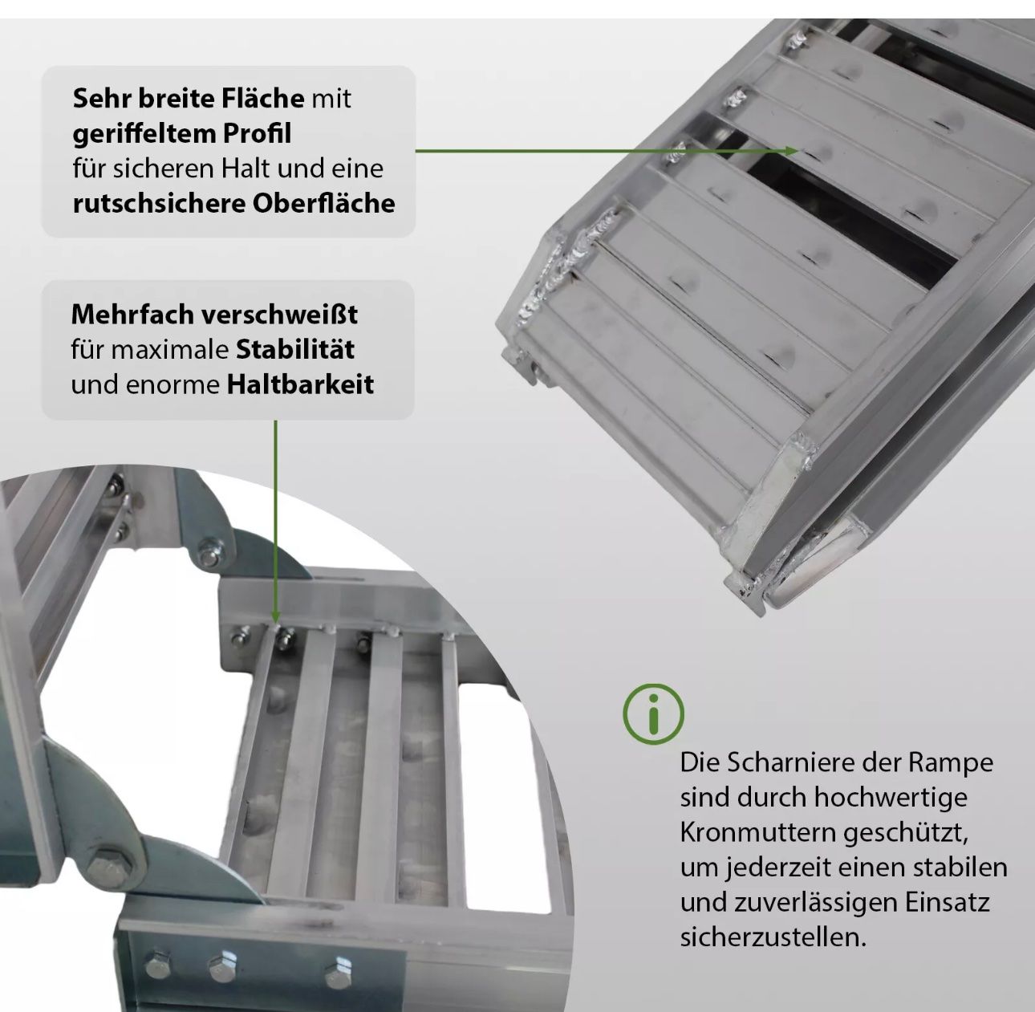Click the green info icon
click(x=653, y=713)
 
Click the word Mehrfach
click(x=132, y=315)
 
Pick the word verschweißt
click(x=279, y=315)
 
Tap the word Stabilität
click(x=295, y=350)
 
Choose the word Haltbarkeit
click(x=301, y=384)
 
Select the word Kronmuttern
click(x=758, y=833)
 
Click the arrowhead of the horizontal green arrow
click(x=792, y=151)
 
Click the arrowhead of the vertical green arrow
click(x=275, y=616)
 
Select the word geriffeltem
click(x=144, y=133)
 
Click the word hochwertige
click(x=891, y=798)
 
